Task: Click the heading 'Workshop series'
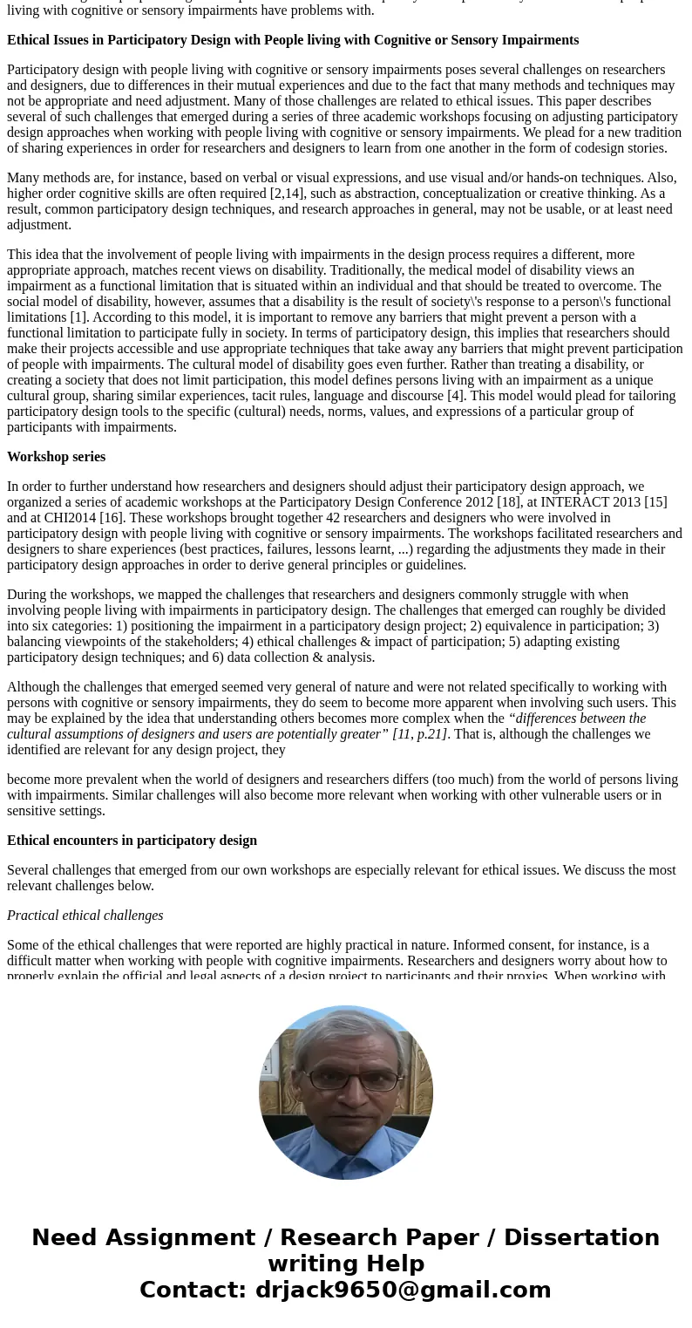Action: (56, 457)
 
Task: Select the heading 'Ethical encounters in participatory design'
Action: (132, 841)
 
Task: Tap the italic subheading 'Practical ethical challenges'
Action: (85, 916)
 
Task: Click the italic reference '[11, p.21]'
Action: (420, 734)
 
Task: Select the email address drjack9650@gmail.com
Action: (403, 1291)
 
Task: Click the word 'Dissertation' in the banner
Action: (581, 1238)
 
